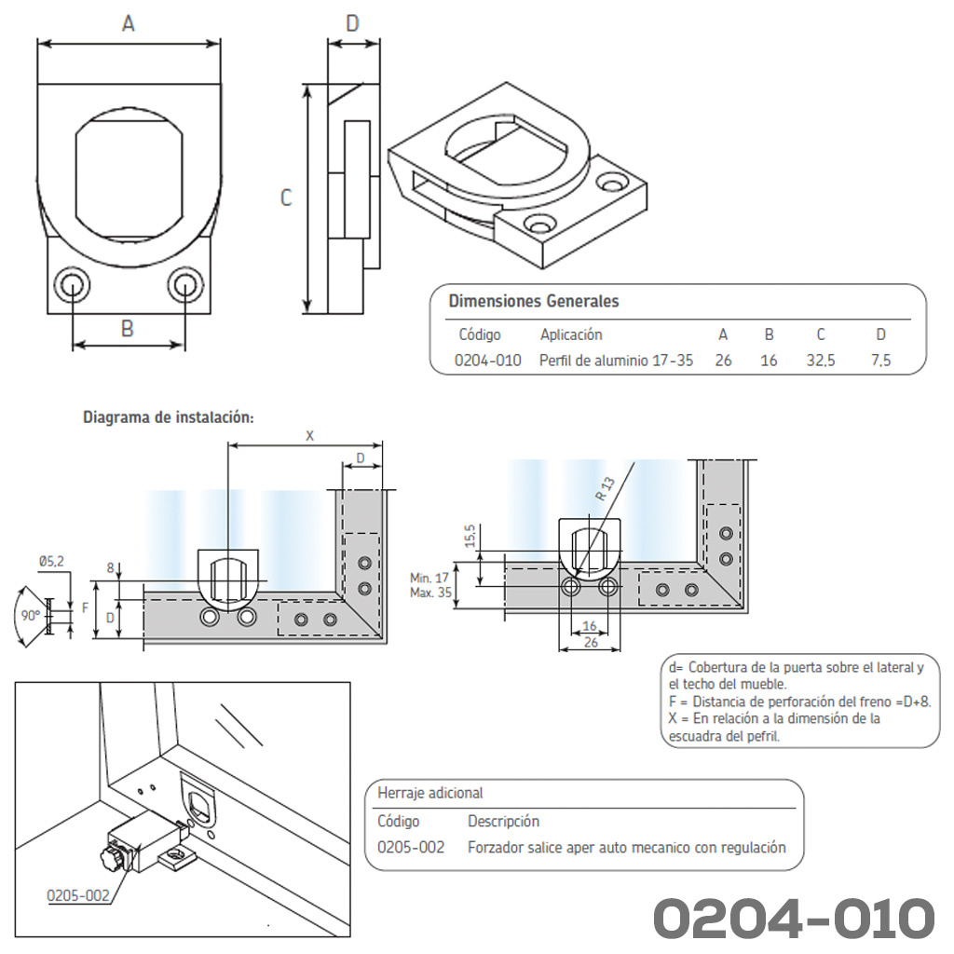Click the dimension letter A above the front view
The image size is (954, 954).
pyautogui.click(x=128, y=23)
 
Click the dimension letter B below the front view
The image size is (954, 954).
pyautogui.click(x=127, y=329)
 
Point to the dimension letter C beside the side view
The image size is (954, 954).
pyautogui.click(x=286, y=198)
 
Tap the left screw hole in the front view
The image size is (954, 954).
pyautogui.click(x=72, y=285)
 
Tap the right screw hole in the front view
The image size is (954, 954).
pyautogui.click(x=185, y=285)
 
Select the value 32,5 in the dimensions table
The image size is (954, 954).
pyautogui.click(x=821, y=361)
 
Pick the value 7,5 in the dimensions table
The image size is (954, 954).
pyautogui.click(x=880, y=361)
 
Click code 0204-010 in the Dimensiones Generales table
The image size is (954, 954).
pyautogui.click(x=488, y=361)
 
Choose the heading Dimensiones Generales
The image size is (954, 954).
pyautogui.click(x=534, y=301)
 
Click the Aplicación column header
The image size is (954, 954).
pyautogui.click(x=571, y=334)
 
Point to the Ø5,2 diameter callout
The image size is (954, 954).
pyautogui.click(x=51, y=562)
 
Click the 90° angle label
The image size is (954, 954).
pyautogui.click(x=31, y=616)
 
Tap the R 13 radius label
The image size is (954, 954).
pyautogui.click(x=605, y=489)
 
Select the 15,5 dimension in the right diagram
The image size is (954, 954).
pyautogui.click(x=470, y=536)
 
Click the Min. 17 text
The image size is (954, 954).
pyautogui.click(x=429, y=578)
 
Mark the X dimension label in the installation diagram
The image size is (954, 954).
pyautogui.click(x=309, y=436)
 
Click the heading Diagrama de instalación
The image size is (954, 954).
pyautogui.click(x=169, y=417)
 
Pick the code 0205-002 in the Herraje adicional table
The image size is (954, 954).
pyautogui.click(x=411, y=848)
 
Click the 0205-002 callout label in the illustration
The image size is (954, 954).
pyautogui.click(x=78, y=895)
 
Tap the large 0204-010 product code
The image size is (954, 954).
pyautogui.click(x=794, y=918)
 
